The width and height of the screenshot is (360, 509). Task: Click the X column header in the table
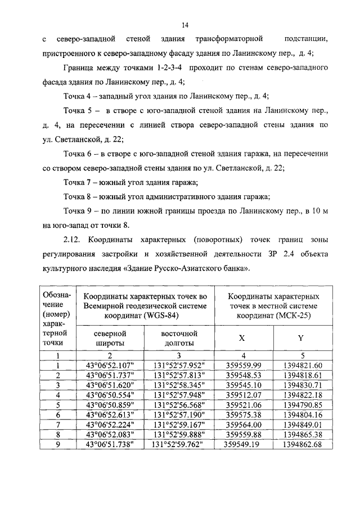pos(242,339)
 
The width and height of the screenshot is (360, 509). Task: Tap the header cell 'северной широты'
pos(110,338)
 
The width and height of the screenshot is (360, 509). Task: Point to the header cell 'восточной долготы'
pos(177,338)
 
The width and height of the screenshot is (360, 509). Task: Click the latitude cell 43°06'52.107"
pos(110,365)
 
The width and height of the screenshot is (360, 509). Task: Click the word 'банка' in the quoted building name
pos(233,269)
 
